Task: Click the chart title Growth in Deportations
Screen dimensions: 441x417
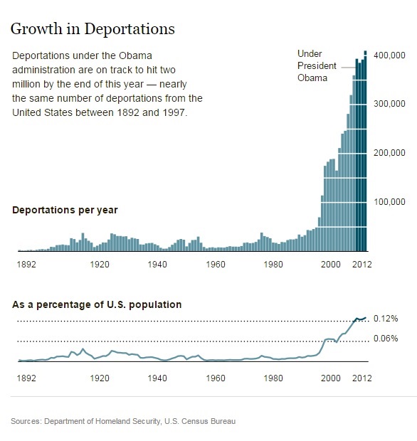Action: pyautogui.click(x=92, y=29)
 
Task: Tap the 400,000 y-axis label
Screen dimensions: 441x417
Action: pyautogui.click(x=389, y=55)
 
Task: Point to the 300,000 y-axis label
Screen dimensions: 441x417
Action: pyautogui.click(x=389, y=104)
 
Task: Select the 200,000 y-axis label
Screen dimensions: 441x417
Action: pyautogui.click(x=389, y=153)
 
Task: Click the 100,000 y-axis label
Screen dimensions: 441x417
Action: pyautogui.click(x=389, y=202)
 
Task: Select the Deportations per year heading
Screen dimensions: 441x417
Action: pyautogui.click(x=65, y=211)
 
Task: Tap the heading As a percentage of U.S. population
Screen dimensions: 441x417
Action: pyautogui.click(x=97, y=304)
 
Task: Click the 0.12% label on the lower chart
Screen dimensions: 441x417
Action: pyautogui.click(x=386, y=319)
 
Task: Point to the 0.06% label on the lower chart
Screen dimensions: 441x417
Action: pyautogui.click(x=386, y=339)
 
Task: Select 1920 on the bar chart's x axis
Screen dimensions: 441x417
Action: pyautogui.click(x=100, y=264)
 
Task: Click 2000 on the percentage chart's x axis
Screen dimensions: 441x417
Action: pyautogui.click(x=332, y=378)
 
